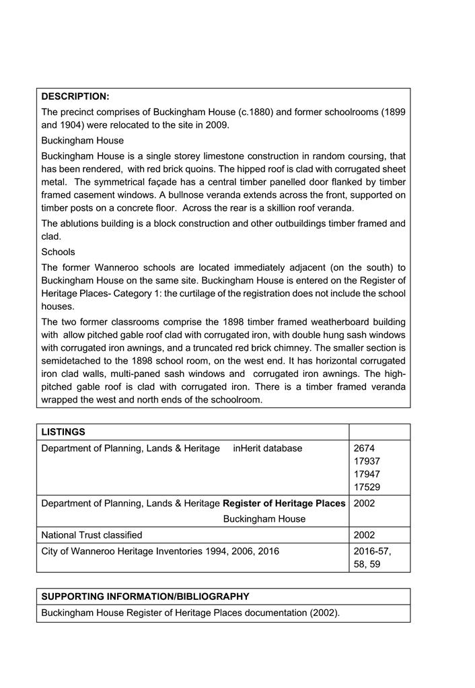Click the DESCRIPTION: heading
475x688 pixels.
(x=75, y=96)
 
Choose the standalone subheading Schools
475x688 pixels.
(x=58, y=252)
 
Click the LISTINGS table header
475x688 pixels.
(x=63, y=432)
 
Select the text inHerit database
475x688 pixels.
(x=267, y=448)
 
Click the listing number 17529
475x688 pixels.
(x=367, y=487)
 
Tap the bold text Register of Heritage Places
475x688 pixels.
(x=284, y=503)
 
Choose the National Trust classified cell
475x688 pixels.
(x=92, y=535)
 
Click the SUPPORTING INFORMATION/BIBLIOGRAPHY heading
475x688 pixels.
(x=145, y=596)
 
